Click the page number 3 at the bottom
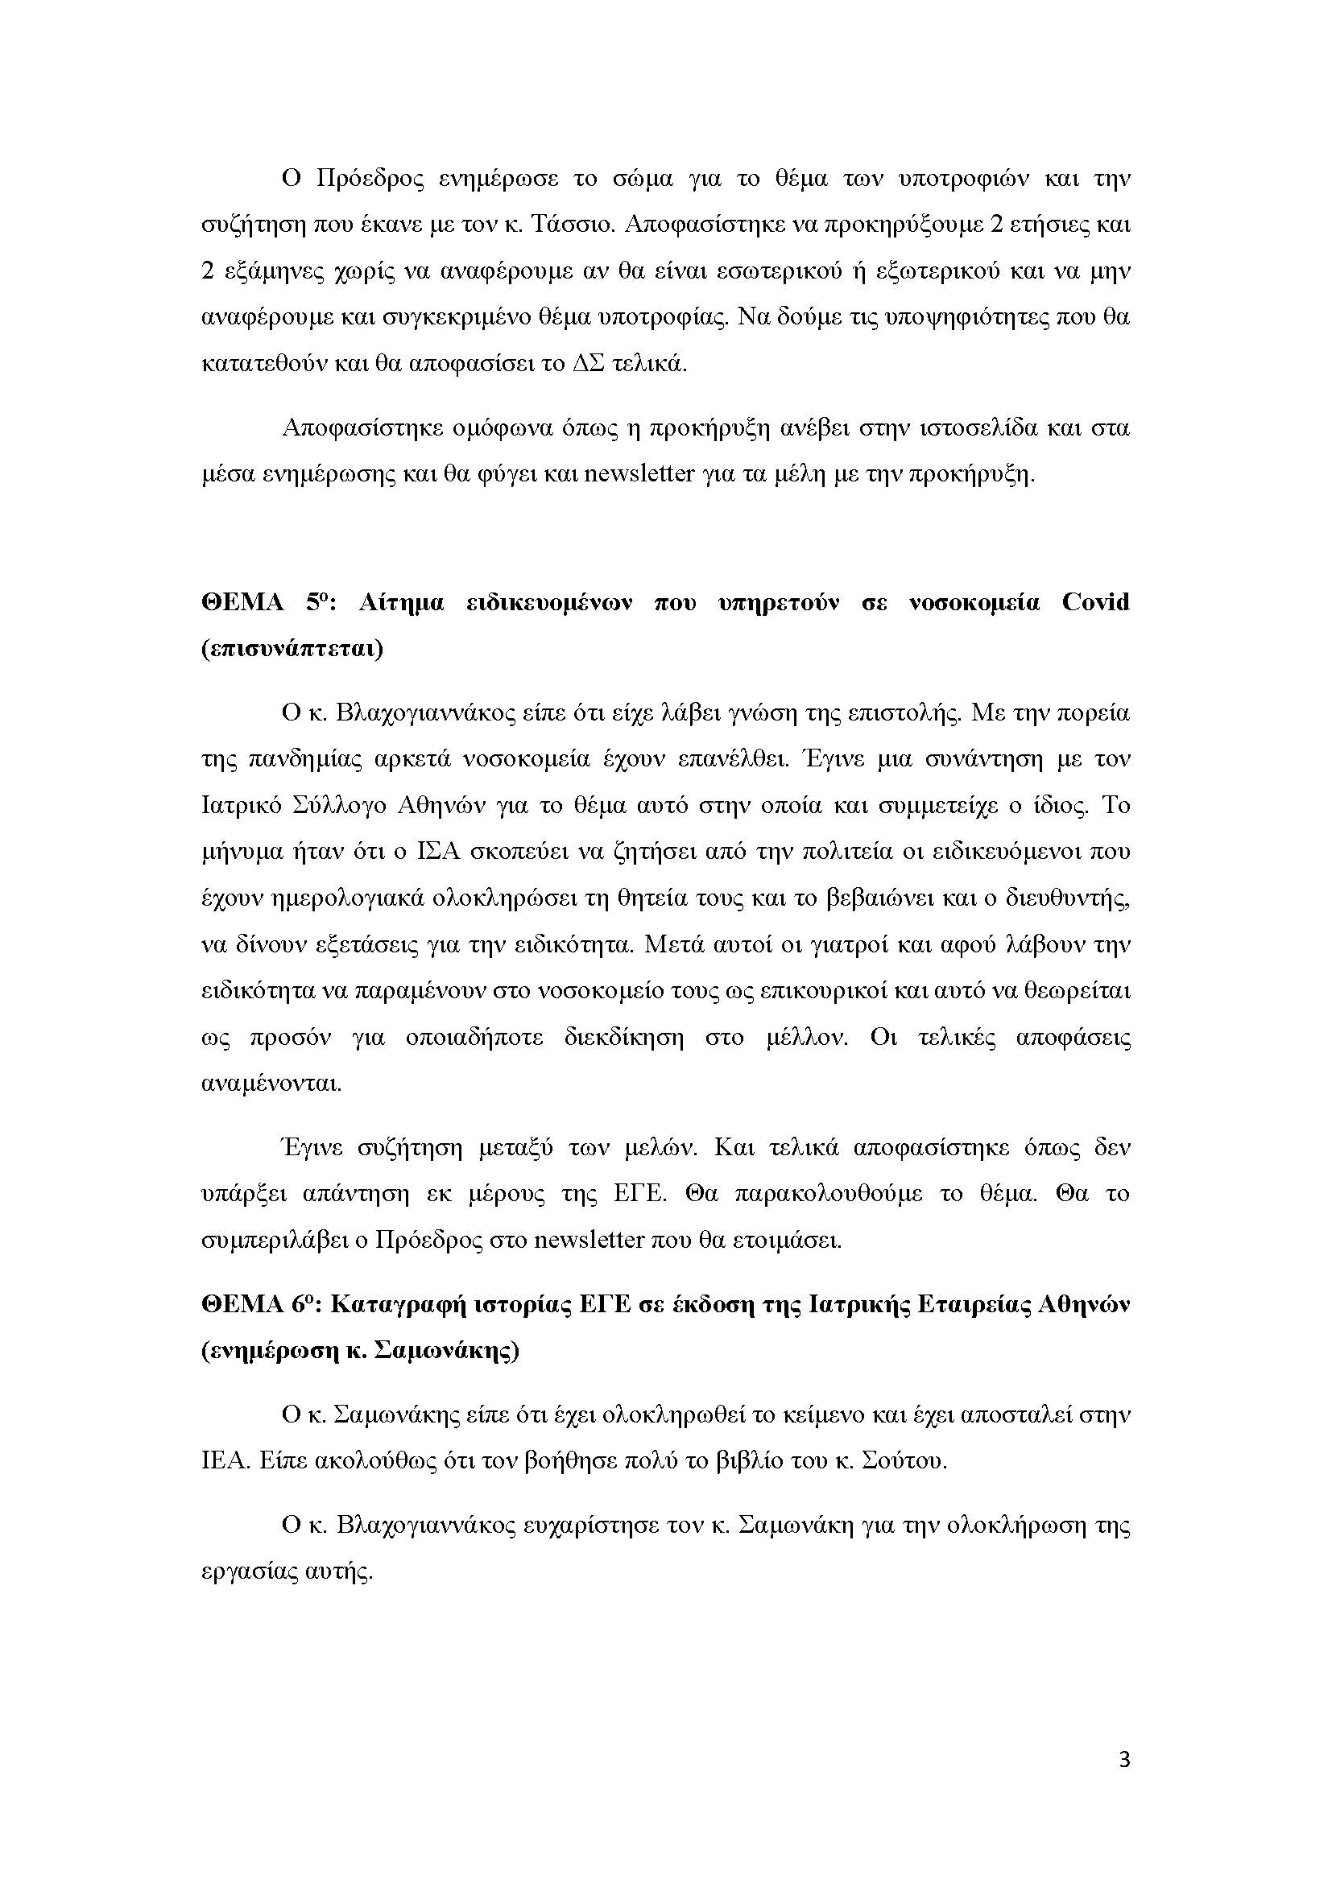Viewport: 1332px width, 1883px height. (1123, 1782)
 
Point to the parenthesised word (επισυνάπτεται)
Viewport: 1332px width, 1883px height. (292, 650)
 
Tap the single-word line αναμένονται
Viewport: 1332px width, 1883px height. (259, 1084)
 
